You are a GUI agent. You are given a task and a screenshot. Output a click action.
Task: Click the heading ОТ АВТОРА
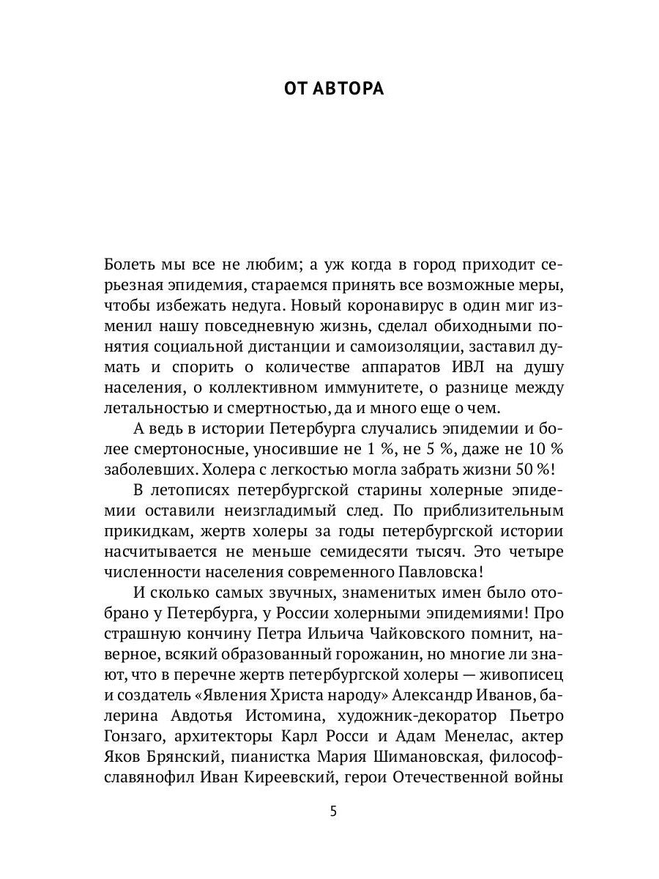333,89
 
